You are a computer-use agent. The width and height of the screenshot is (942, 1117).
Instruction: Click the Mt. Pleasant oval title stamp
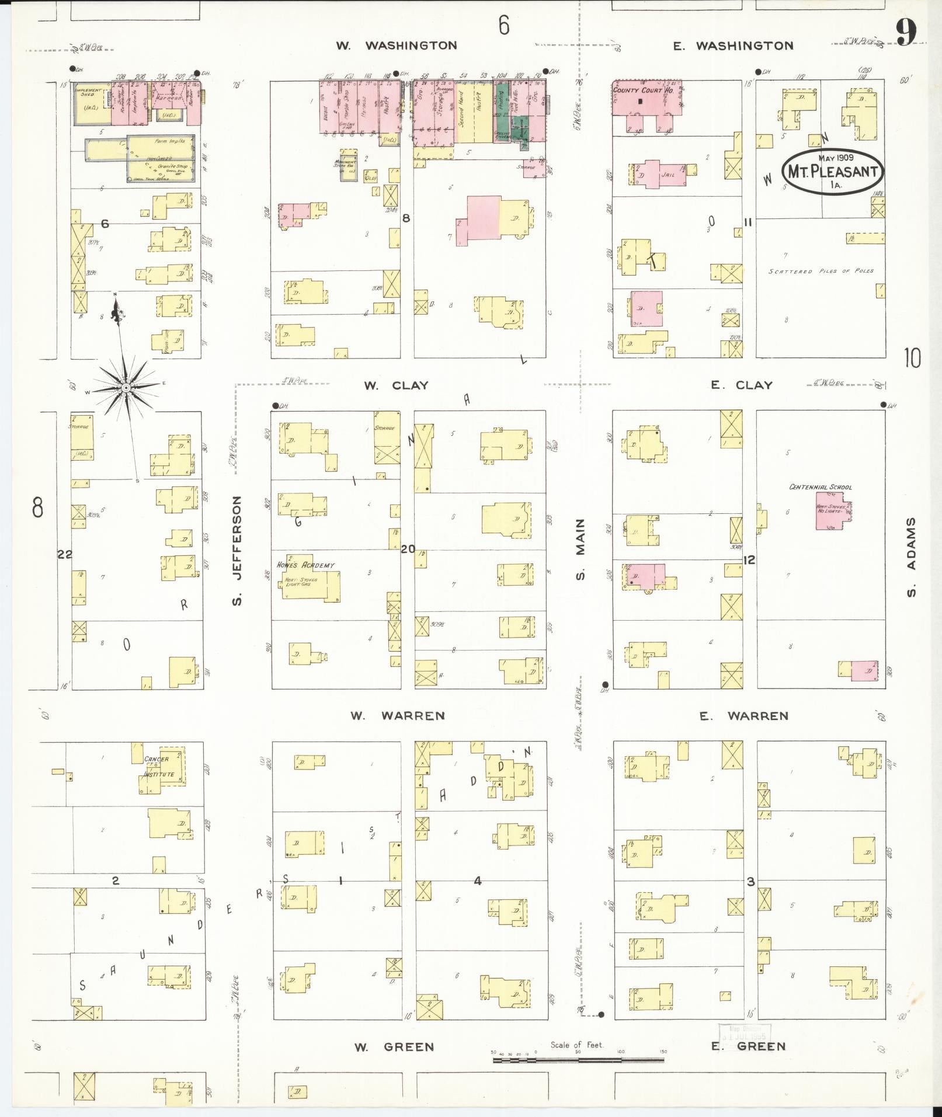[833, 170]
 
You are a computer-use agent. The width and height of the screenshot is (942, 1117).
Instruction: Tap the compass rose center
[125, 388]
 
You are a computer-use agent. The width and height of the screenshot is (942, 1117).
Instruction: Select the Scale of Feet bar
[578, 1059]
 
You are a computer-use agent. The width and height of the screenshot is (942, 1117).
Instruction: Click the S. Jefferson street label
[237, 550]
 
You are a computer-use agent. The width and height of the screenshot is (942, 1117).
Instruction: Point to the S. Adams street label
[911, 558]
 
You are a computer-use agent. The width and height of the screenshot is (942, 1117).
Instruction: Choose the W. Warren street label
[398, 715]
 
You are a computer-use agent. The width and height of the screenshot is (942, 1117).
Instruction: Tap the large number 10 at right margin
[912, 357]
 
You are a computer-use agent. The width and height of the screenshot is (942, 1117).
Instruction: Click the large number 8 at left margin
[37, 507]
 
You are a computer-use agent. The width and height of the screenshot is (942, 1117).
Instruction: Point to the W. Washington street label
[397, 46]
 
